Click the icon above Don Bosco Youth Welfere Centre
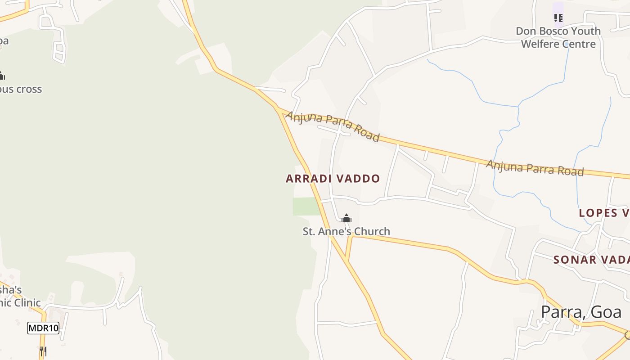click(x=558, y=18)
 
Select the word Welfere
click(x=543, y=44)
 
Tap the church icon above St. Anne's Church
click(x=346, y=219)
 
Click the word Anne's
click(x=333, y=231)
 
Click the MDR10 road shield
click(x=43, y=328)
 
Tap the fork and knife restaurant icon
click(x=43, y=351)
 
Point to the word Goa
click(x=607, y=312)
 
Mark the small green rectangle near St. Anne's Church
click(x=306, y=206)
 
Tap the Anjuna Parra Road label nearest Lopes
click(x=535, y=168)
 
